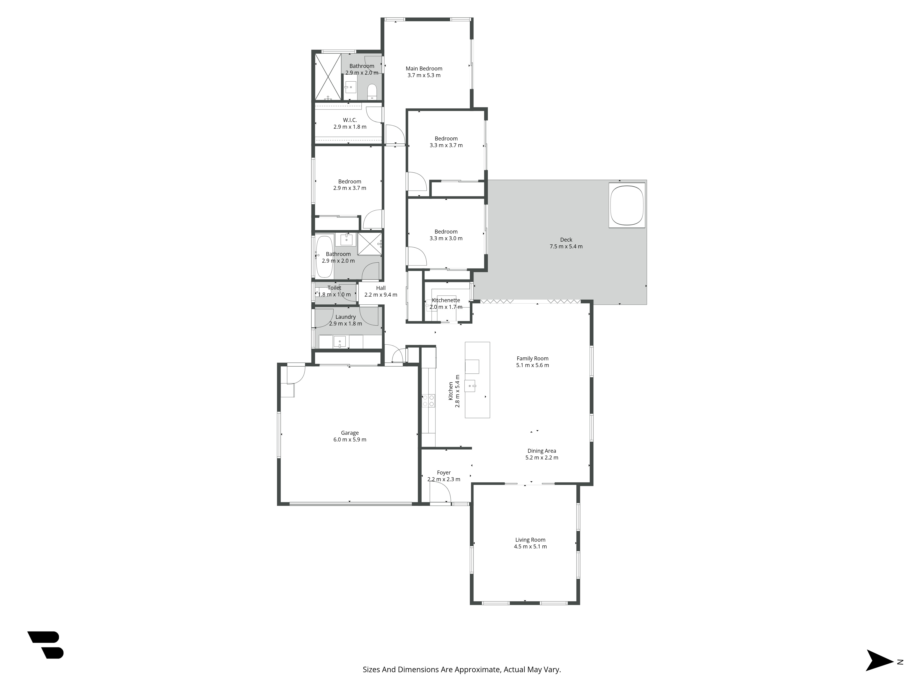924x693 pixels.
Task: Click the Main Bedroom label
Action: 424,69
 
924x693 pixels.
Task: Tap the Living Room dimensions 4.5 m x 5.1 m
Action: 530,546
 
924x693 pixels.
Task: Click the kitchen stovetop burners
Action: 428,401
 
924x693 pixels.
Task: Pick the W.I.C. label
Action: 350,120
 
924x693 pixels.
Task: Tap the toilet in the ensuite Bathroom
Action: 372,92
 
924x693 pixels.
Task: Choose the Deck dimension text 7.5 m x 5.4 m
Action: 566,246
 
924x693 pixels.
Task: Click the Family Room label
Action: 533,359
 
